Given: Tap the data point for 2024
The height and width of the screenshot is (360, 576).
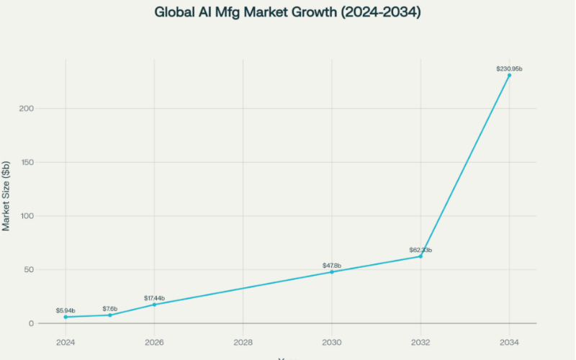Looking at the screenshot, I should [66, 317].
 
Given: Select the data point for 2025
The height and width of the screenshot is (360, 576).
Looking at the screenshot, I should [109, 315].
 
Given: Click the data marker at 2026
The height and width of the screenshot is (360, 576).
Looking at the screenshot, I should [154, 305].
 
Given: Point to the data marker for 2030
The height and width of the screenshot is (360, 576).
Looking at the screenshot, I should [332, 271].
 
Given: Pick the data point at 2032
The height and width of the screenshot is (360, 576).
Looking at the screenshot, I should [420, 256].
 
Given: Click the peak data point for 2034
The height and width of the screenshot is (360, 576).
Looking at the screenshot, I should [509, 75].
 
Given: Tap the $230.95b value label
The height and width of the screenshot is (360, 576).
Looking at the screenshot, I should [509, 68].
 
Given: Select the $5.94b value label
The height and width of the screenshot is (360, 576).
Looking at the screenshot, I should [66, 310].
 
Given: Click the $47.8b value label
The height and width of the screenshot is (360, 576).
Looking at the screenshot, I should [332, 266].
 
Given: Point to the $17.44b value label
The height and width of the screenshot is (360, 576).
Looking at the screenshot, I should [154, 298].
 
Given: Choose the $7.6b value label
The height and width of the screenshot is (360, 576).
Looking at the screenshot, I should [109, 308].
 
